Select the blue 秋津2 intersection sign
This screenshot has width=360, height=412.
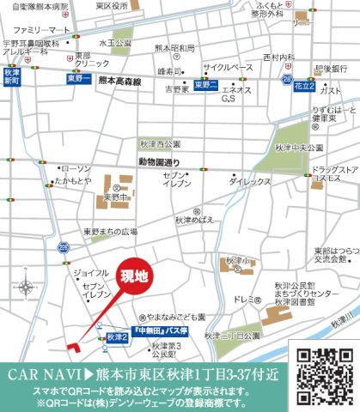pos(118,338)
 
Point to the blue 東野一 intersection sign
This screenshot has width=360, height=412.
pos(79,78)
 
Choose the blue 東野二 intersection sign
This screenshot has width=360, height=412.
pos(206,84)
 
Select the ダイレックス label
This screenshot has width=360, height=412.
pos(250,183)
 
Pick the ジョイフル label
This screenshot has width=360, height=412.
pos(91,272)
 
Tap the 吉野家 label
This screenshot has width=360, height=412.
pos(177,88)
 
